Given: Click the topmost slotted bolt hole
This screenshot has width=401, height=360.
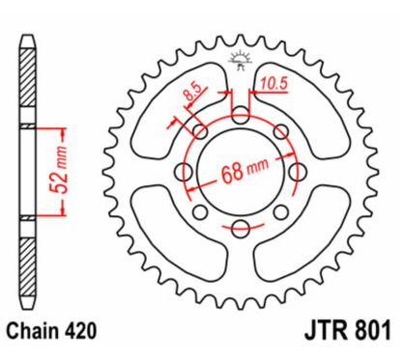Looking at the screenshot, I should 237,118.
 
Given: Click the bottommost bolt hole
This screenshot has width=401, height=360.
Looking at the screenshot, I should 237,225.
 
